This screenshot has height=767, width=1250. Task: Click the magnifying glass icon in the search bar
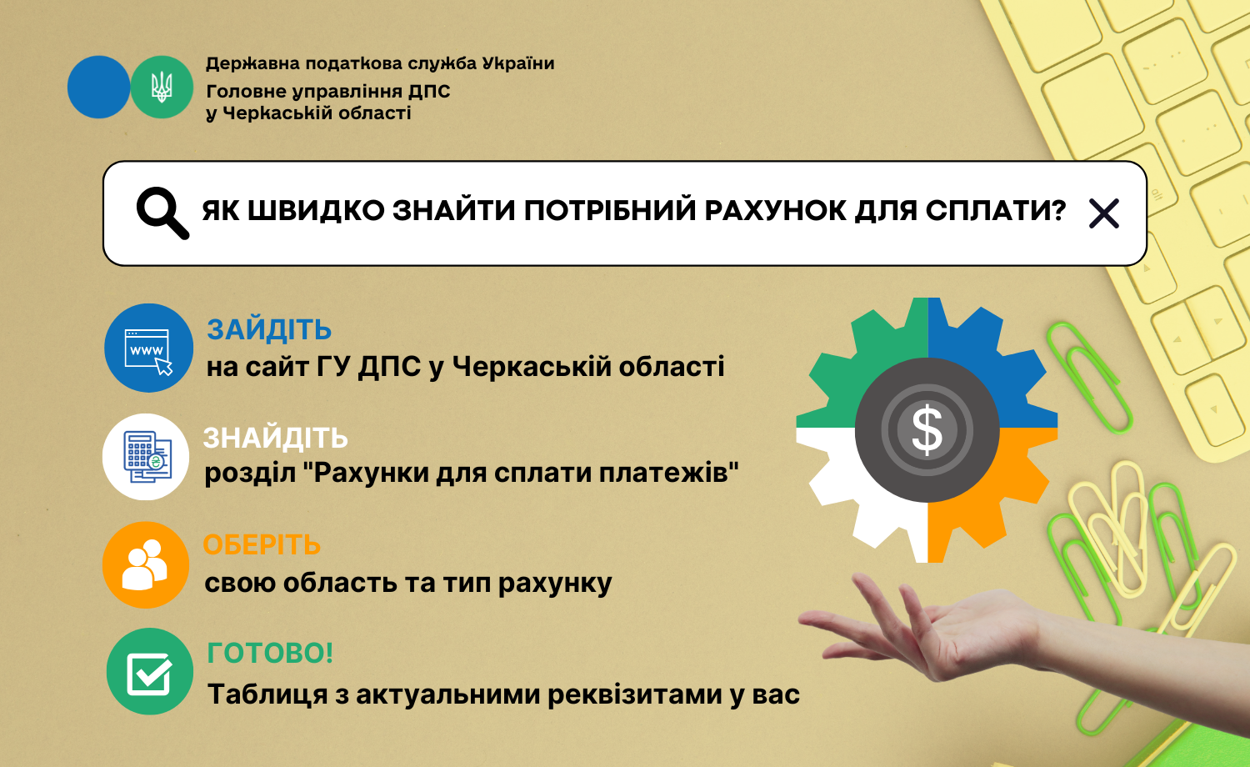point(162,213)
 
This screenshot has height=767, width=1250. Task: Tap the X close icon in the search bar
point(1104,213)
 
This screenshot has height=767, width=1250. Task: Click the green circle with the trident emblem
point(162,87)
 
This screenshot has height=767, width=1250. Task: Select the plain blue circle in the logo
point(99,87)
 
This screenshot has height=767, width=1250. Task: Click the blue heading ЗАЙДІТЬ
point(269,329)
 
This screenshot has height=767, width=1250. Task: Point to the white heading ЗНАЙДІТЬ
point(276,438)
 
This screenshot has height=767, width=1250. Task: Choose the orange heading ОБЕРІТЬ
point(262,545)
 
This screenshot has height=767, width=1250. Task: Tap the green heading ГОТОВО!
point(270,653)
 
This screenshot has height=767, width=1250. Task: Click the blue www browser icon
point(148,348)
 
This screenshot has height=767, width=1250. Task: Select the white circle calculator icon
point(146,457)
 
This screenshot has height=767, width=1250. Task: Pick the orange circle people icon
point(146,565)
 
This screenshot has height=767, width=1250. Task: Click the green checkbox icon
point(149,672)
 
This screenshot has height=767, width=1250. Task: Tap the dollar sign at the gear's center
point(927,429)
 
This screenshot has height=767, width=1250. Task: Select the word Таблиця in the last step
point(267,695)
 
